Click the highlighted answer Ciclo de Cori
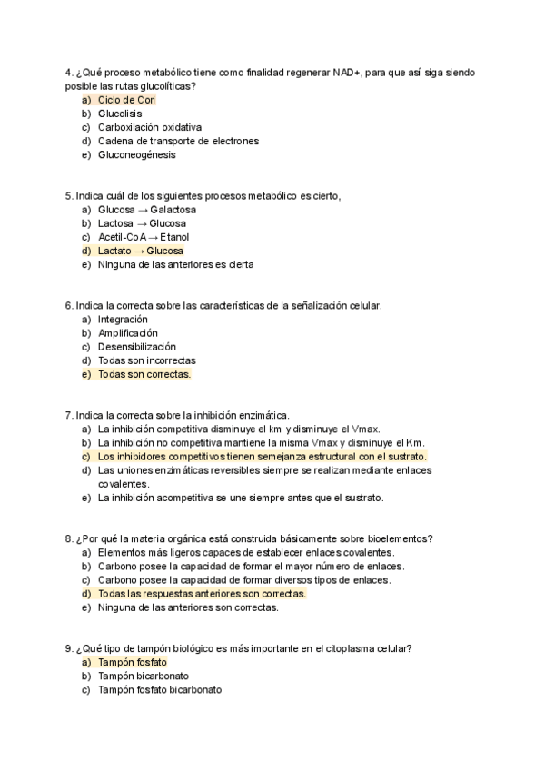[127, 100]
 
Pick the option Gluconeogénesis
[137, 154]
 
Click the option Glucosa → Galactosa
[146, 210]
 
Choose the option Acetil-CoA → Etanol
[144, 237]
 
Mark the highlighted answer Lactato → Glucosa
[141, 251]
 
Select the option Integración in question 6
[123, 320]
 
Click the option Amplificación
[128, 333]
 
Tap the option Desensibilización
[137, 347]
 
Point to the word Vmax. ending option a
[365, 429]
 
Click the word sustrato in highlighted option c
[406, 457]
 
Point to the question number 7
[68, 416]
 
